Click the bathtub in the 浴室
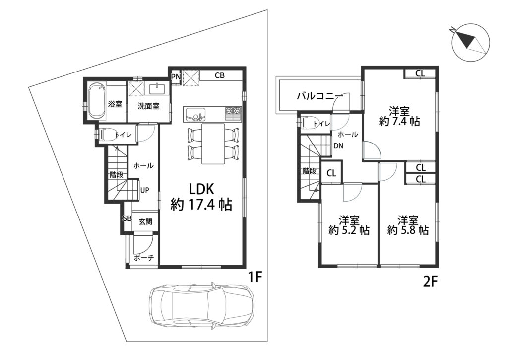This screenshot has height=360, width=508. click(x=97, y=101)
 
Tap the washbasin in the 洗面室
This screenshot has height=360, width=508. click(x=157, y=88)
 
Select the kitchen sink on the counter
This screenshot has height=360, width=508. click(x=194, y=114)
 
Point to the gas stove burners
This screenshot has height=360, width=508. click(x=233, y=111)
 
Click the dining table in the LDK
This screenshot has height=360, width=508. click(x=213, y=144)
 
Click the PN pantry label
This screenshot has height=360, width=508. click(x=176, y=77)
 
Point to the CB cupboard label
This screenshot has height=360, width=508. click(x=220, y=75)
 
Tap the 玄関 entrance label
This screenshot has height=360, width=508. click(x=145, y=222)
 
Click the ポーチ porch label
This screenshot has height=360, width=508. click(x=143, y=258)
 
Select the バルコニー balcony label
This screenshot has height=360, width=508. click(x=320, y=96)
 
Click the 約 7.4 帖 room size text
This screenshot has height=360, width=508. click(x=399, y=121)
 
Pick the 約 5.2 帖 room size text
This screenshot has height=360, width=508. click(x=349, y=230)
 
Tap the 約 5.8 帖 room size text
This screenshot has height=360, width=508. click(x=408, y=230)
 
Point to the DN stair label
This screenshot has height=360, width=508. click(x=338, y=146)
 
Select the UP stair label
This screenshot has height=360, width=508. click(x=144, y=190)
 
